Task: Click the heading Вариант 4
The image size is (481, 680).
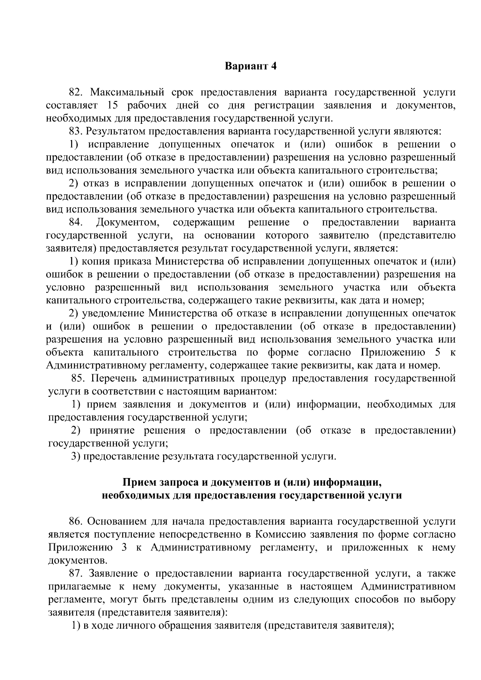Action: (251, 66)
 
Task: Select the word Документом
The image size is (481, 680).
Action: (128, 222)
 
